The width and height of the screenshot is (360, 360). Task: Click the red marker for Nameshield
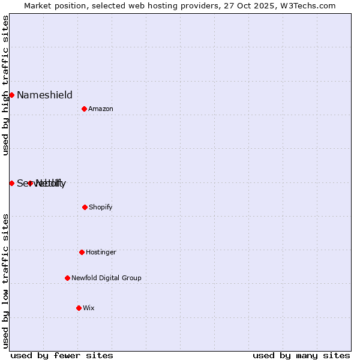pyautogui.click(x=11, y=95)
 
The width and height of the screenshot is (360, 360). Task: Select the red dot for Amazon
pyautogui.click(x=84, y=109)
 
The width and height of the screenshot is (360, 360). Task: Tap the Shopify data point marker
pyautogui.click(x=85, y=207)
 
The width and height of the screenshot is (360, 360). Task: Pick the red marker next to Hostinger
pyautogui.click(x=82, y=252)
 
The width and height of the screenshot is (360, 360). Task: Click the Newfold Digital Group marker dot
pyautogui.click(x=67, y=278)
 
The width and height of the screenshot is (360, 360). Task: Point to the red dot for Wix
pyautogui.click(x=79, y=308)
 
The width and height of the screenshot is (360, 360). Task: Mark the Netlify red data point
pyautogui.click(x=30, y=183)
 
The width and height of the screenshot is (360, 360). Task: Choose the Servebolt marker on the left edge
pyautogui.click(x=11, y=183)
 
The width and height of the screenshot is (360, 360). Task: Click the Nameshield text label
pyautogui.click(x=44, y=95)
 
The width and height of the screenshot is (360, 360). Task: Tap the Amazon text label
pyautogui.click(x=101, y=109)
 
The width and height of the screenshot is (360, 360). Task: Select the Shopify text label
pyautogui.click(x=100, y=208)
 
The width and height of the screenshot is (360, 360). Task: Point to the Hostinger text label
pyautogui.click(x=101, y=253)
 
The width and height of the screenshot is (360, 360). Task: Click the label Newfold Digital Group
pyautogui.click(x=106, y=278)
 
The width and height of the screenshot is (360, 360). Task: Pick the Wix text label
pyautogui.click(x=89, y=308)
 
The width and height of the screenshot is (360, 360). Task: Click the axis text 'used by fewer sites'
pyautogui.click(x=62, y=355)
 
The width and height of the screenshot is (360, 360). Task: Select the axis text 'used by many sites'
pyautogui.click(x=301, y=355)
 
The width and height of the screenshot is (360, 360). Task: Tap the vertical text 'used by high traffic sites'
pyautogui.click(x=5, y=85)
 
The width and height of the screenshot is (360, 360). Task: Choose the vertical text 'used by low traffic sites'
pyautogui.click(x=5, y=281)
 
